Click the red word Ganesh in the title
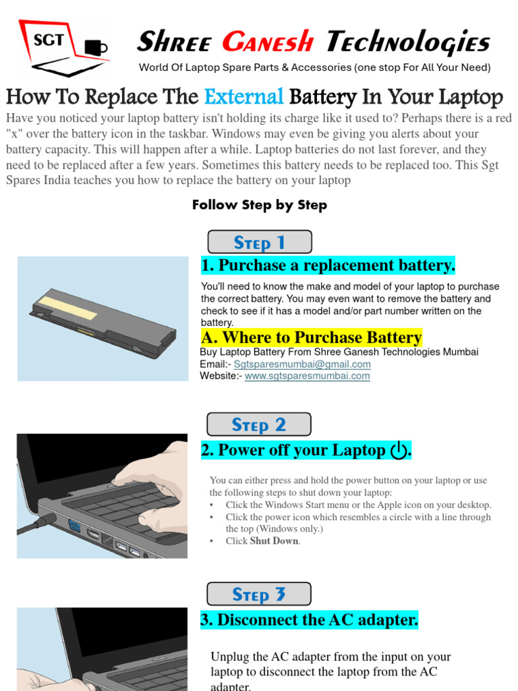(268, 42)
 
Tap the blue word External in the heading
(243, 96)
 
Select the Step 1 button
(260, 242)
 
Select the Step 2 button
(259, 424)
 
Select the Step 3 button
(259, 594)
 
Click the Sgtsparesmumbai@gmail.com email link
(302, 364)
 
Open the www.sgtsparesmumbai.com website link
(308, 376)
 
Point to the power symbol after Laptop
(399, 450)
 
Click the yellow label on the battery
(68, 307)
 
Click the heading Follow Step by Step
(260, 205)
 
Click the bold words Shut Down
(275, 541)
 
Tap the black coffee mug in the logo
(96, 47)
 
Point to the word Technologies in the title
(408, 43)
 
